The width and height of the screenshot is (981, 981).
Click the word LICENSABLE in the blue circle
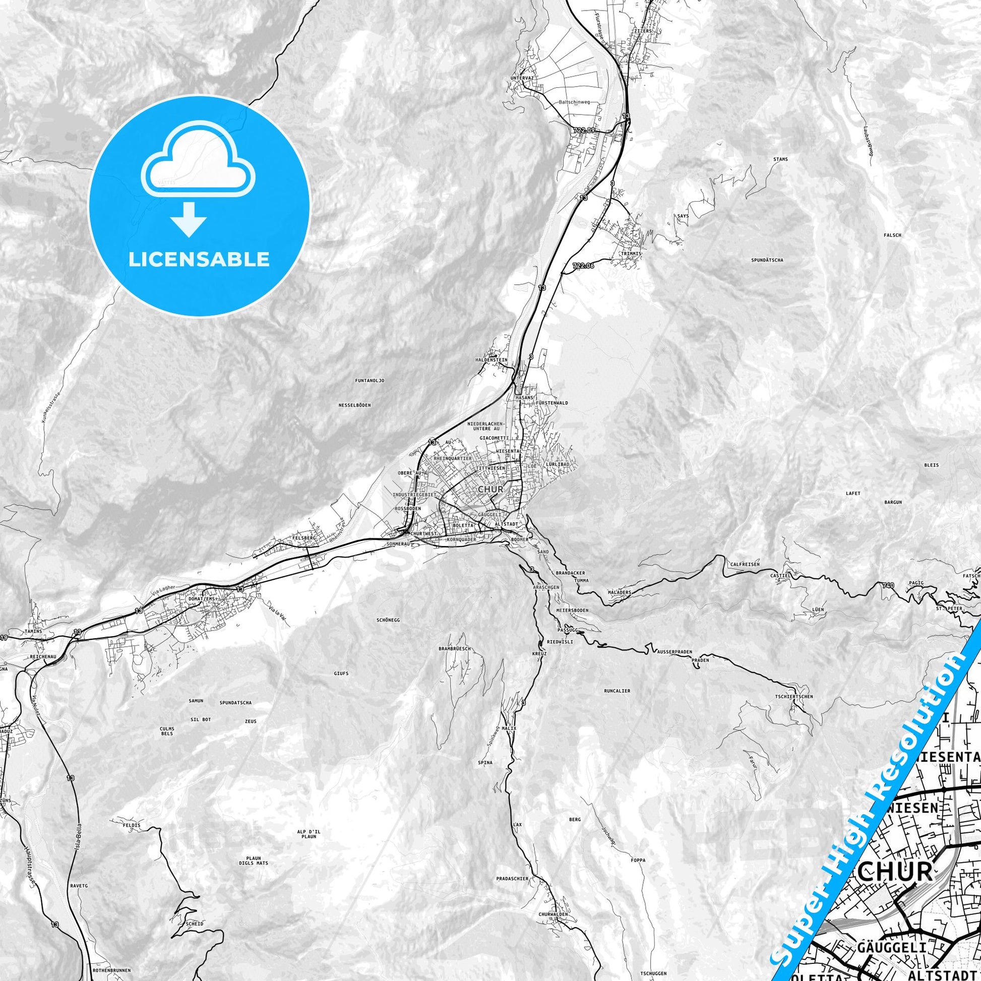click(x=199, y=260)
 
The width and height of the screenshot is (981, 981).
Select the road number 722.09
click(x=583, y=131)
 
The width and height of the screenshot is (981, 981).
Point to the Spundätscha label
click(x=767, y=260)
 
